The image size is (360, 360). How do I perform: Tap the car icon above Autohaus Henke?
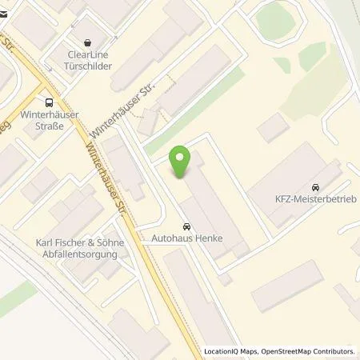[x=186, y=226]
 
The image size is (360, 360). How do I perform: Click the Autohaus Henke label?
[x=186, y=238]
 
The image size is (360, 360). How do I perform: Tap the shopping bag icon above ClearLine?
[x=86, y=43]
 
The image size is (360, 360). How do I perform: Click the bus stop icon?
[x=50, y=102]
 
